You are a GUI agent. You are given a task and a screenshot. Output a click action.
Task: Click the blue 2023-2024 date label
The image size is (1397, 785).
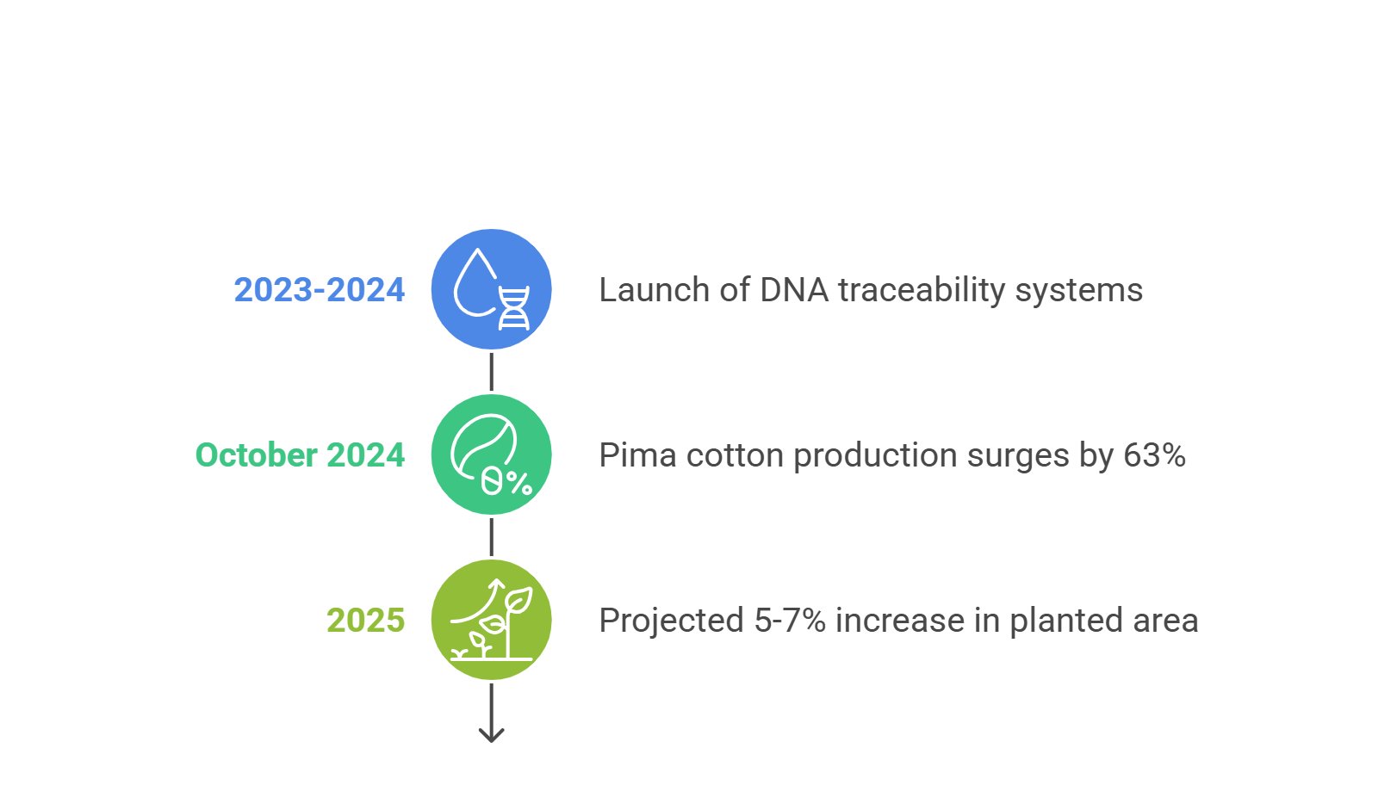tap(320, 290)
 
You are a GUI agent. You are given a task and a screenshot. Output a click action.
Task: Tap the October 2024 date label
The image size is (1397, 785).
tap(300, 455)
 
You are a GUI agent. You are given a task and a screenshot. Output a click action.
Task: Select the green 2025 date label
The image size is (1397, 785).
tap(365, 621)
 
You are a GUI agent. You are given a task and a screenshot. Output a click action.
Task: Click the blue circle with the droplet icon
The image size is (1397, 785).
tap(492, 289)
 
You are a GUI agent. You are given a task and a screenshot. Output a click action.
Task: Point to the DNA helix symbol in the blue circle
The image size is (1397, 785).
tap(514, 307)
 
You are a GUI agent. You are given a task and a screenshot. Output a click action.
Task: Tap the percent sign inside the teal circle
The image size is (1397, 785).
tap(518, 482)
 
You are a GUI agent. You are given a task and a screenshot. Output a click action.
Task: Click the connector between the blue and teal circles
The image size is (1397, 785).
tap(492, 372)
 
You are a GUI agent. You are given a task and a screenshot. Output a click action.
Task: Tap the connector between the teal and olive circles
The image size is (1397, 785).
tap(492, 537)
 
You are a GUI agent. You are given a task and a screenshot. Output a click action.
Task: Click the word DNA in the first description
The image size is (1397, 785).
tap(794, 290)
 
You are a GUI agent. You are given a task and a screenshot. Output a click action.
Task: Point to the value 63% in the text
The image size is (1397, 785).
tap(1154, 455)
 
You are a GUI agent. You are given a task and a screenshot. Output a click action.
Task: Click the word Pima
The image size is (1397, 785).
tap(637, 455)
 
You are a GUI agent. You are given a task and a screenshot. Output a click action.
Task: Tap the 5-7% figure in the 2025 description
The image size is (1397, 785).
tap(790, 621)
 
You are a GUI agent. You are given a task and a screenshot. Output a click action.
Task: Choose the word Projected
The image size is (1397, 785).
tap(672, 621)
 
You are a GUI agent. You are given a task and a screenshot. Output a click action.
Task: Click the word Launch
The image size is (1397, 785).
tap(655, 290)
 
